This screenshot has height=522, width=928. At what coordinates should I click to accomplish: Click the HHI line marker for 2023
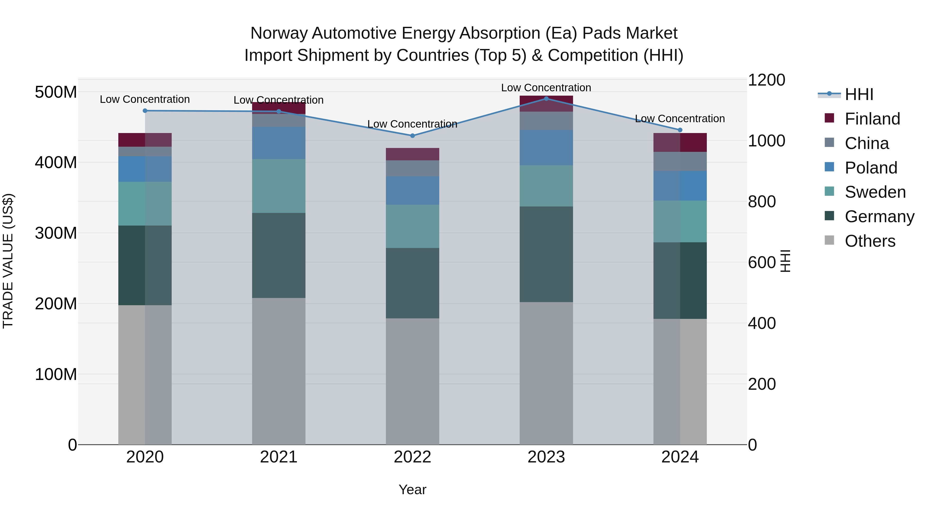(x=546, y=98)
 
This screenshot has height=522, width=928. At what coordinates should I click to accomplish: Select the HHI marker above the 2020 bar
(x=145, y=111)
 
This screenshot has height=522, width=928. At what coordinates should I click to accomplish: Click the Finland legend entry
(x=872, y=119)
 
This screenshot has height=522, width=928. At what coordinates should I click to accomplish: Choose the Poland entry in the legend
(x=871, y=168)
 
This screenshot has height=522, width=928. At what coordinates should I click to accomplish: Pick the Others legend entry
(x=870, y=241)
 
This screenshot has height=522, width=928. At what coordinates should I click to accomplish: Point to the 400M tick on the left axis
(x=56, y=162)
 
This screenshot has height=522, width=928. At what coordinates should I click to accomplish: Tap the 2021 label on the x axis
(x=278, y=457)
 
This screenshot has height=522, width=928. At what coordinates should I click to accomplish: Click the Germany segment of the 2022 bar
(x=412, y=283)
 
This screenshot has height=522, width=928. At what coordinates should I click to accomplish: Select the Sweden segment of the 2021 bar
(x=278, y=186)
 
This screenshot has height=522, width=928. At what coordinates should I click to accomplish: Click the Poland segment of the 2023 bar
(x=546, y=148)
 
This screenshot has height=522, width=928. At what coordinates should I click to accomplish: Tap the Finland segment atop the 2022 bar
(x=412, y=154)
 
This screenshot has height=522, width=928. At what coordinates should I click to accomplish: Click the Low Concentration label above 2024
(x=680, y=119)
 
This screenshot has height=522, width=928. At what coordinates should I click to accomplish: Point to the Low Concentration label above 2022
(x=412, y=124)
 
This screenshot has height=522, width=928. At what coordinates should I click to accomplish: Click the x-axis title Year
(x=412, y=490)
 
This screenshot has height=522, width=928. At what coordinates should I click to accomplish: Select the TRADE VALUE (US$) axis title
(x=8, y=261)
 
